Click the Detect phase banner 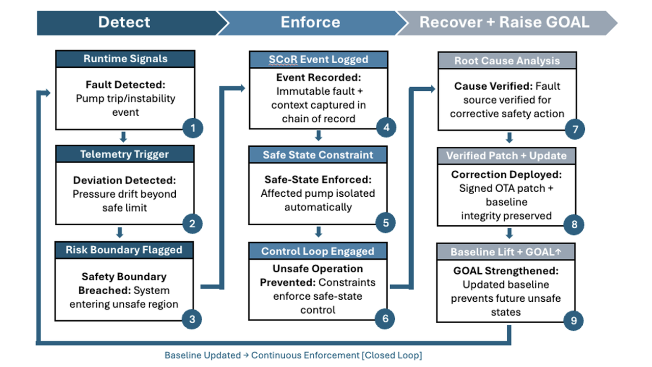pos(124,22)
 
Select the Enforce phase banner pos(310,22)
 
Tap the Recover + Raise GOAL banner pos(504,22)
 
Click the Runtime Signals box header pos(125,59)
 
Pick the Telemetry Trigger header pos(125,154)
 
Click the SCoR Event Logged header pos(318,59)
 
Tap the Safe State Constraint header pos(318,155)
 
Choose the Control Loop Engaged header pos(318,251)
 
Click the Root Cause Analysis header pos(507,61)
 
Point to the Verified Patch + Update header pos(506,156)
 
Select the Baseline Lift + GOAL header pos(506,252)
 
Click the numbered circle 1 pos(193,128)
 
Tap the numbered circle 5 pos(386,223)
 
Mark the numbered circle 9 pos(574,321)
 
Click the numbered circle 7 pos(575,129)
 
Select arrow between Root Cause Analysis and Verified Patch pos(508,138)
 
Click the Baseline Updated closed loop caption pos(293,355)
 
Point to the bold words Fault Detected pos(125,85)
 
